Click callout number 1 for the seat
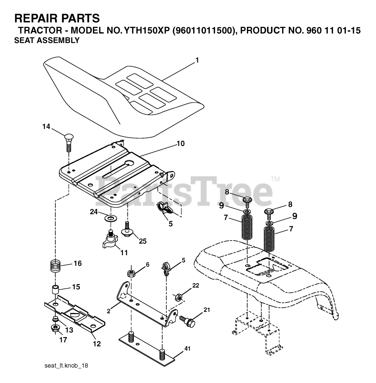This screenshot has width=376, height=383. (197, 60)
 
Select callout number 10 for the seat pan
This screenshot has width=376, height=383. (181, 143)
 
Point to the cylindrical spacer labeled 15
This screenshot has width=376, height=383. (55, 290)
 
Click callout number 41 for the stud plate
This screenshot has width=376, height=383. (187, 349)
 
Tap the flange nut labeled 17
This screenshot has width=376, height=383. (56, 329)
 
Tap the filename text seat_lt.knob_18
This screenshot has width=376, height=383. (66, 366)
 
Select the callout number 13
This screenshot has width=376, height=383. (69, 330)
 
